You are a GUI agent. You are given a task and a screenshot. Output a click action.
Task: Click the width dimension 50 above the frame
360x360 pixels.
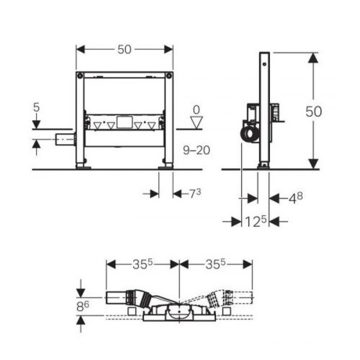(124, 49)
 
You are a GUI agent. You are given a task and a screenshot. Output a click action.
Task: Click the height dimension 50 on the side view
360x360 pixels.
(313, 112)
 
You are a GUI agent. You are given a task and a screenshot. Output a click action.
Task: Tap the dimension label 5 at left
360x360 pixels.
(36, 107)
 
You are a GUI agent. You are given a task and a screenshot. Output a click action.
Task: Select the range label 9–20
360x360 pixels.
(197, 150)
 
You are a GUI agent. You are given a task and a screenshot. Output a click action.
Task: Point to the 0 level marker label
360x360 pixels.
(196, 110)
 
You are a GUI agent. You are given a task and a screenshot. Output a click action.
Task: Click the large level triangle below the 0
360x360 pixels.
(197, 122)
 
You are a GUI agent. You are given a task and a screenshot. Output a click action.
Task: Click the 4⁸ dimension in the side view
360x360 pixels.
(296, 198)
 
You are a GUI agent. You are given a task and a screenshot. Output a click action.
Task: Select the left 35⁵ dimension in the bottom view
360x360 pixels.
(142, 264)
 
